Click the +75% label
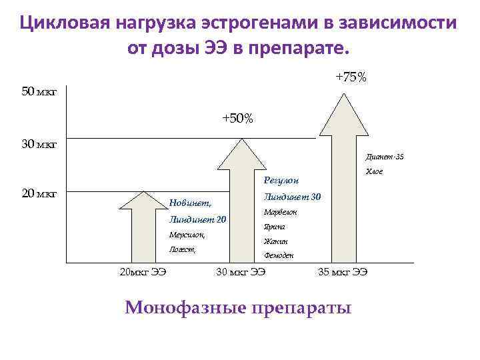pos(351,77)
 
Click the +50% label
pos(237,118)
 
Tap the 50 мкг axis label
pos(39,91)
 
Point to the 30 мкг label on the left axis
pos(39,143)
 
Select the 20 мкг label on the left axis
pos(39,194)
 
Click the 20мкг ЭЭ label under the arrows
pos(142,271)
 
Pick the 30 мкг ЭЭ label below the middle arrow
pos(241,271)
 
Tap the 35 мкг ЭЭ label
pos(343,271)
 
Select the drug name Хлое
pos(373,172)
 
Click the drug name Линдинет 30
pos(292,197)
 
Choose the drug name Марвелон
pos(280,212)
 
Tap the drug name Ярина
pos(274,227)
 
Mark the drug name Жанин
pos(275,241)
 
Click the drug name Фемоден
pos(279,256)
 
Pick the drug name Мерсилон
pos(187,235)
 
